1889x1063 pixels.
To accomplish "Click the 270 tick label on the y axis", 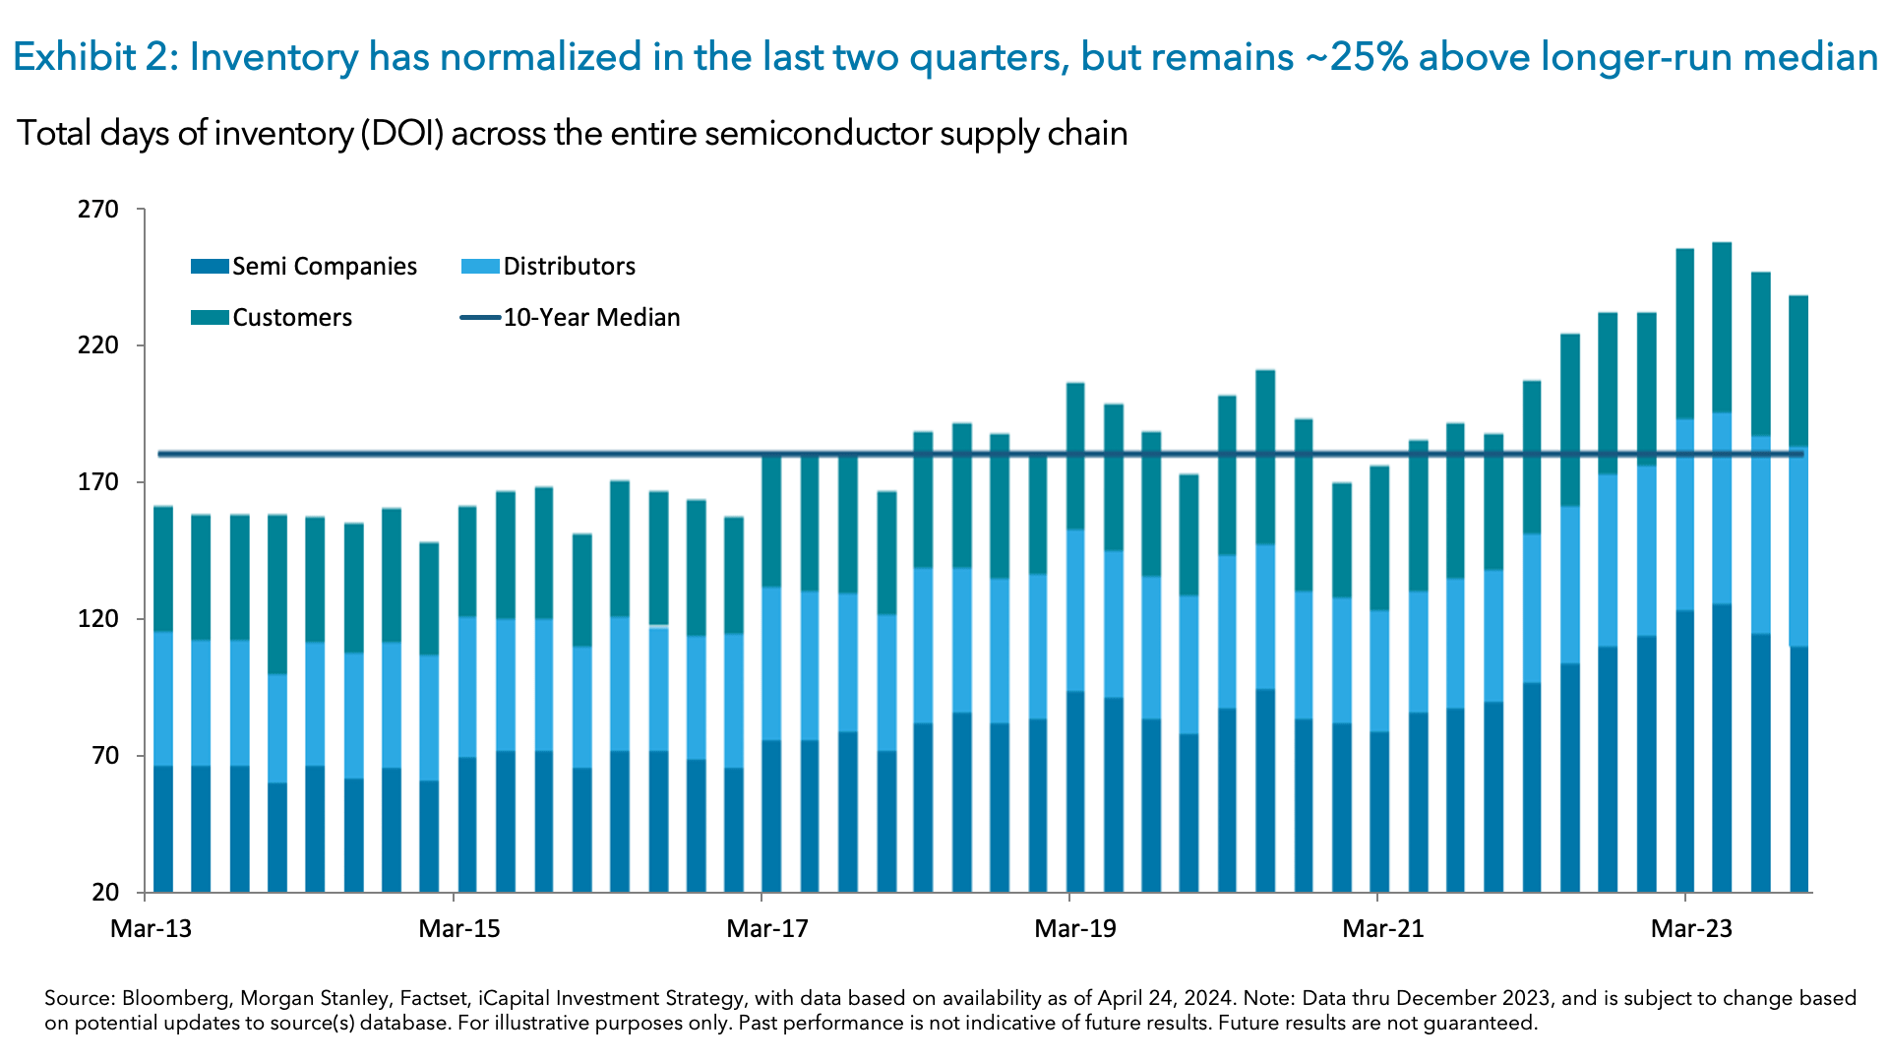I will pyautogui.click(x=97, y=210).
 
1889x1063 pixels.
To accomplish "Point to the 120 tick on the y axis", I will pyautogui.click(x=97, y=619).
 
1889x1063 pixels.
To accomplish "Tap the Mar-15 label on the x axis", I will pyautogui.click(x=458, y=928).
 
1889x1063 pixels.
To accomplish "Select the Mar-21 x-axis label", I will pyautogui.click(x=1382, y=928).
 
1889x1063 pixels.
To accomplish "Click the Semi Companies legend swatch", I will pyautogui.click(x=210, y=267).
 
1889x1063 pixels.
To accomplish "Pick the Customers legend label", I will pyautogui.click(x=291, y=318).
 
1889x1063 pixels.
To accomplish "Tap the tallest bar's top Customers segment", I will pyautogui.click(x=1722, y=327).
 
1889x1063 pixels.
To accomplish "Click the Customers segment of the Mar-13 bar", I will pyautogui.click(x=163, y=569).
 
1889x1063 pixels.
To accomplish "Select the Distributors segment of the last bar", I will pyautogui.click(x=1798, y=546).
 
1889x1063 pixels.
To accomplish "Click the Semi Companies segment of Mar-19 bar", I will pyautogui.click(x=1075, y=791).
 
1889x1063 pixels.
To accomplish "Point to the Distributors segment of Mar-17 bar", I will pyautogui.click(x=772, y=663).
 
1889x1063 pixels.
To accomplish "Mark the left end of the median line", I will pyautogui.click(x=160, y=454).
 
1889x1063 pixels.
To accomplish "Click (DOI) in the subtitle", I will pyautogui.click(x=401, y=133).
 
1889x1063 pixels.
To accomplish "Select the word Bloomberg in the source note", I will pyautogui.click(x=173, y=998).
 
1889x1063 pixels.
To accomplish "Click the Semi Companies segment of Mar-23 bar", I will pyautogui.click(x=1684, y=751).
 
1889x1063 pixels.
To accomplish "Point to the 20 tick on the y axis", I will pyautogui.click(x=104, y=893).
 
